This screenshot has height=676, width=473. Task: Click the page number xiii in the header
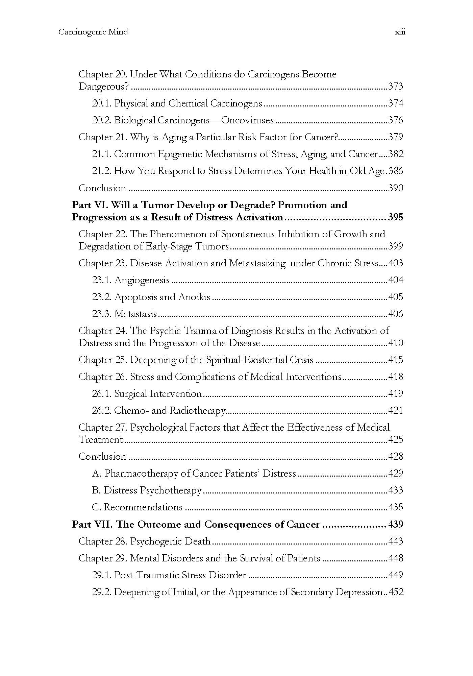pyautogui.click(x=400, y=32)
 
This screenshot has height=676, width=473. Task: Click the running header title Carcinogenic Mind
pyautogui.click(x=93, y=32)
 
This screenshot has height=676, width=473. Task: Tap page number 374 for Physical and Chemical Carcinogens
pyautogui.click(x=396, y=103)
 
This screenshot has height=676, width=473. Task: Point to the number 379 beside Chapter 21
pyautogui.click(x=396, y=137)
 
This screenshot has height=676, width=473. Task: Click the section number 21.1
pyautogui.click(x=102, y=154)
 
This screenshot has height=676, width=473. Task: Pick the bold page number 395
pyautogui.click(x=396, y=217)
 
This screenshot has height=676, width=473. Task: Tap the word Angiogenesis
pyautogui.click(x=142, y=280)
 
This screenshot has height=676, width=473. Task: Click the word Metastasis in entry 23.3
pyautogui.click(x=135, y=314)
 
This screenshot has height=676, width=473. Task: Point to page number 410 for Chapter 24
pyautogui.click(x=396, y=343)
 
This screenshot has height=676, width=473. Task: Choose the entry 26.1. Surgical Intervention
pyautogui.click(x=147, y=394)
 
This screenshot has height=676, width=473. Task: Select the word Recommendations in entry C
pyautogui.click(x=143, y=507)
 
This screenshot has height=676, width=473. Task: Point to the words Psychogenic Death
pyautogui.click(x=170, y=541)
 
